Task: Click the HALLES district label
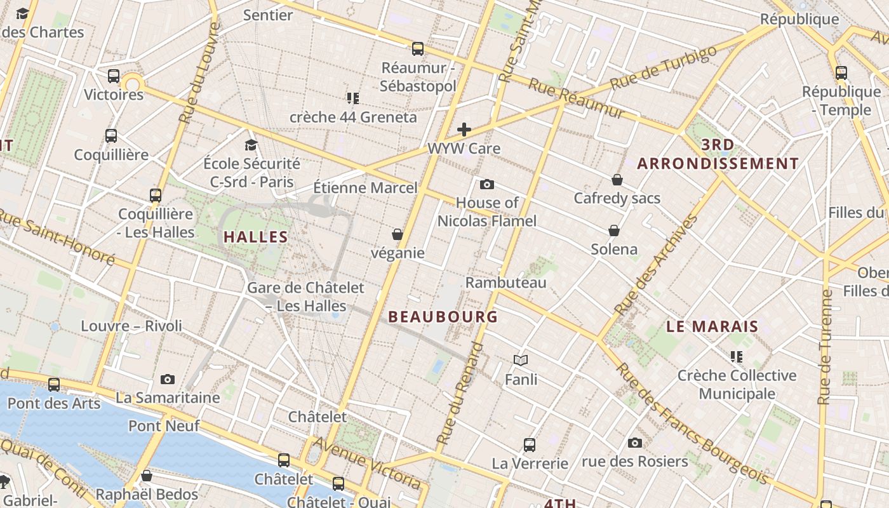(255, 237)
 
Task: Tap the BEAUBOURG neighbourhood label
(443, 316)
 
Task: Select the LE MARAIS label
(712, 326)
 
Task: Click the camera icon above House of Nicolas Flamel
(487, 184)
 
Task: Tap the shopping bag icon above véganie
(398, 234)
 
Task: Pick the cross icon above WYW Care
(464, 130)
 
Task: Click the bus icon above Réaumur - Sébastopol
(417, 48)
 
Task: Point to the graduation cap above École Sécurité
(251, 145)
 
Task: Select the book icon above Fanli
(521, 361)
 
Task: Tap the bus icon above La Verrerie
(530, 444)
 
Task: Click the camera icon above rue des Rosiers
(634, 443)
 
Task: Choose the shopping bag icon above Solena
(614, 230)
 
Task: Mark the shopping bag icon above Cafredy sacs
(617, 180)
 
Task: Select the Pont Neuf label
(164, 425)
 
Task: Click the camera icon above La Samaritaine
(168, 379)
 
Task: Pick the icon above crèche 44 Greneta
(353, 98)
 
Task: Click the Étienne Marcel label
(366, 187)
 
